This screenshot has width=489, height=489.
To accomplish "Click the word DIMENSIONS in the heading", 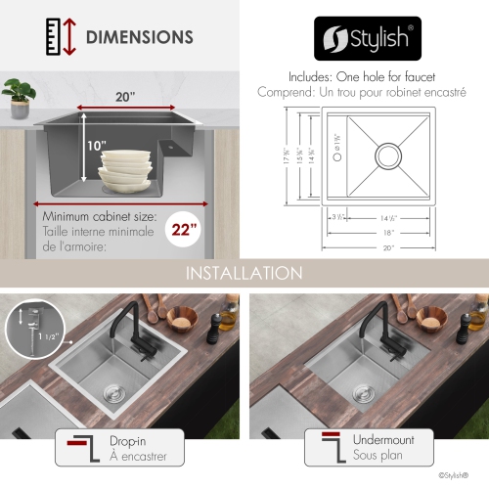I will click(139, 38).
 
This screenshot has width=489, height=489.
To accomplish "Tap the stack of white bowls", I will click(124, 167).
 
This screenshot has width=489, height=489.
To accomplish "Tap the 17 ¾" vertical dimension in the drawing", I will click(289, 156).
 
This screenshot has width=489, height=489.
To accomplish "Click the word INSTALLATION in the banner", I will click(244, 272).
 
